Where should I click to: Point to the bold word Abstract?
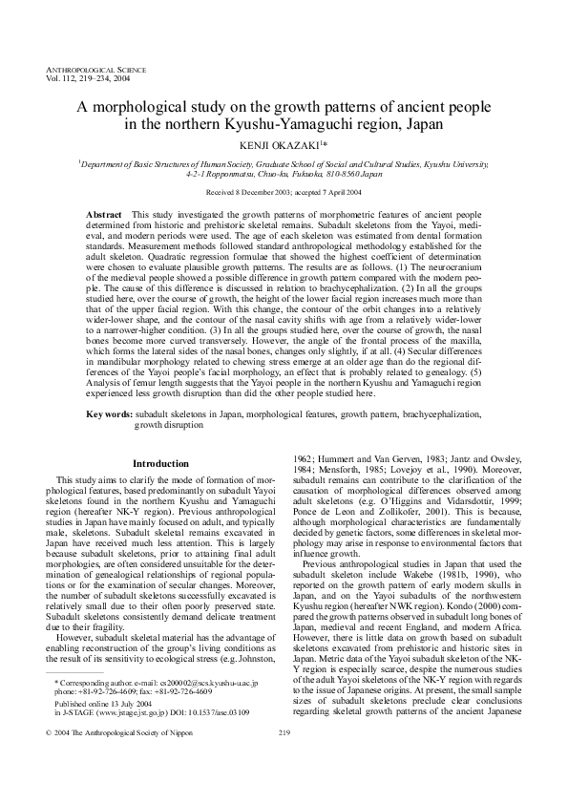pos(104,216)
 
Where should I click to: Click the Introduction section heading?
pos(159,463)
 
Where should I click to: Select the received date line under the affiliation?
pos(284,192)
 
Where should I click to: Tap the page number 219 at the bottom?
pos(284,759)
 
